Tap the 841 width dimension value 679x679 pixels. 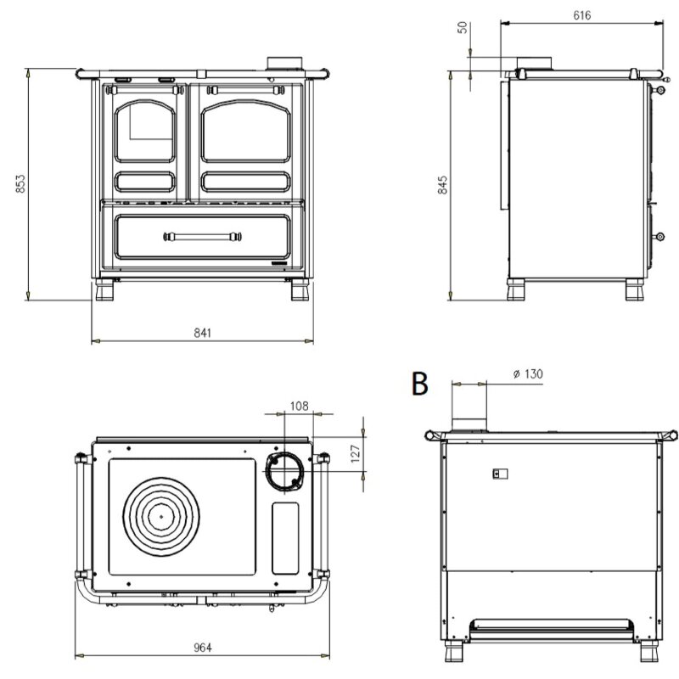202,333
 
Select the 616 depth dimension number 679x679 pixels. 581,15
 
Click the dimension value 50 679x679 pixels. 463,26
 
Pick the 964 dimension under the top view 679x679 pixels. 202,647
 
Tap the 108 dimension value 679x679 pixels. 299,406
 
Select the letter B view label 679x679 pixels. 419,383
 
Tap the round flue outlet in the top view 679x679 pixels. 283,469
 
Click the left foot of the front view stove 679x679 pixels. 106,290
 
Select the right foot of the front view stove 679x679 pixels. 300,290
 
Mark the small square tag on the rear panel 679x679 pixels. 500,474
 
